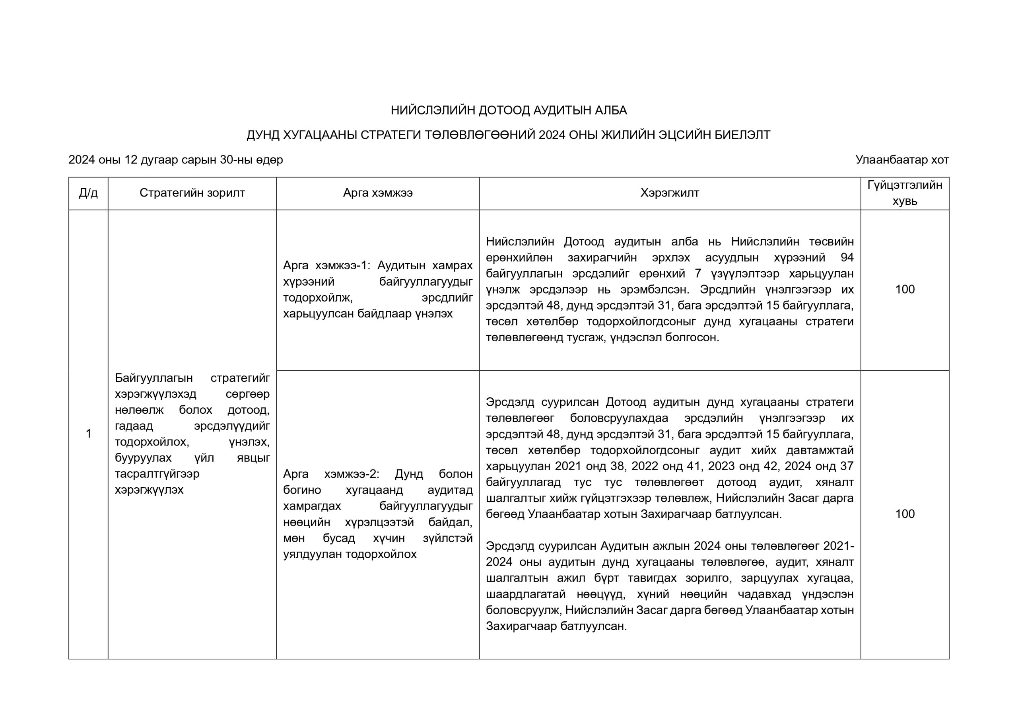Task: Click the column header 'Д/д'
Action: (88, 193)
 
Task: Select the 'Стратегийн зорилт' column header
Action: (192, 193)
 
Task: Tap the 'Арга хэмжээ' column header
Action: (378, 193)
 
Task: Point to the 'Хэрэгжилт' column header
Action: (670, 193)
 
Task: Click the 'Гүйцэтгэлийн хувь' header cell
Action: (905, 193)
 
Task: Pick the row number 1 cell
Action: (88, 434)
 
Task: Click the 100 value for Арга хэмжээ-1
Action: (905, 289)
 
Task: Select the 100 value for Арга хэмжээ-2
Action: (905, 514)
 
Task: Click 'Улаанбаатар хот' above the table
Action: (902, 160)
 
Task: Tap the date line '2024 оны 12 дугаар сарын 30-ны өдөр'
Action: (176, 160)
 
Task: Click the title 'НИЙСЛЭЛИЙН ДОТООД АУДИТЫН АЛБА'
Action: (509, 111)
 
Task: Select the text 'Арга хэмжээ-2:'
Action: (331, 474)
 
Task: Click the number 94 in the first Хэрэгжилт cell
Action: (847, 257)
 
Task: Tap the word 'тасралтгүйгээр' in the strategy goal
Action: (157, 474)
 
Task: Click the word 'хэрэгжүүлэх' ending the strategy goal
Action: (149, 490)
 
